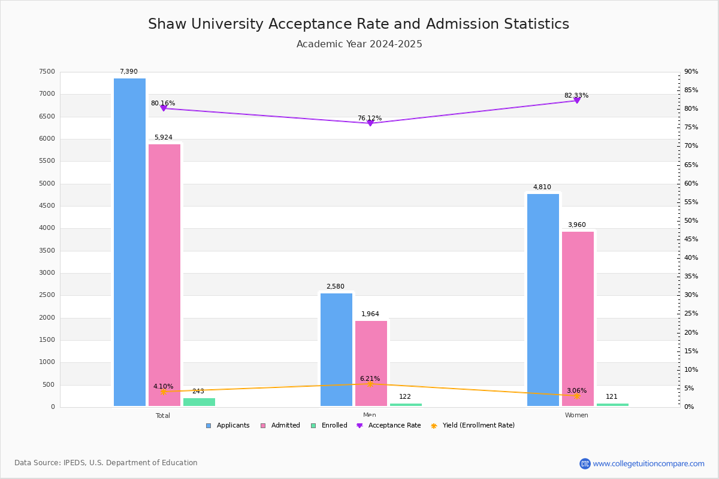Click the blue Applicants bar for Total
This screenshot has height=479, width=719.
(x=129, y=242)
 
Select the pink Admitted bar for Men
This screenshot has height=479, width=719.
(x=371, y=363)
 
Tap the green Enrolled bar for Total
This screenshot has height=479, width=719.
(x=199, y=402)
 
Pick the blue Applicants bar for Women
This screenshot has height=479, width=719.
(x=543, y=300)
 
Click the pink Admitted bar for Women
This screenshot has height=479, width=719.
(x=578, y=319)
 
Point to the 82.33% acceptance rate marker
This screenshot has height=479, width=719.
(x=577, y=101)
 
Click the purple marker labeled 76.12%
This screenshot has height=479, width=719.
(x=370, y=123)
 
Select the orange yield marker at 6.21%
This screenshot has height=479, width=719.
(x=370, y=384)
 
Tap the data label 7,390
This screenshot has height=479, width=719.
(x=129, y=71)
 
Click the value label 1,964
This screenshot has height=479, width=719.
(x=370, y=314)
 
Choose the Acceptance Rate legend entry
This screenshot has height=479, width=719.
(x=389, y=426)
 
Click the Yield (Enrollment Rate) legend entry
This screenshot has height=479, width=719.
(x=473, y=426)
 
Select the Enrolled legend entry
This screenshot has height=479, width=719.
(x=330, y=426)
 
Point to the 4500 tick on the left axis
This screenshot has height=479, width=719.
(x=47, y=205)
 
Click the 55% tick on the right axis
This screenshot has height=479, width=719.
(x=691, y=202)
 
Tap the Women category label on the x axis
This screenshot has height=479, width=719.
(x=576, y=415)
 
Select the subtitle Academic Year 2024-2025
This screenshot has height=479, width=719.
(x=359, y=44)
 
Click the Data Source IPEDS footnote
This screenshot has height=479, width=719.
(x=106, y=463)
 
